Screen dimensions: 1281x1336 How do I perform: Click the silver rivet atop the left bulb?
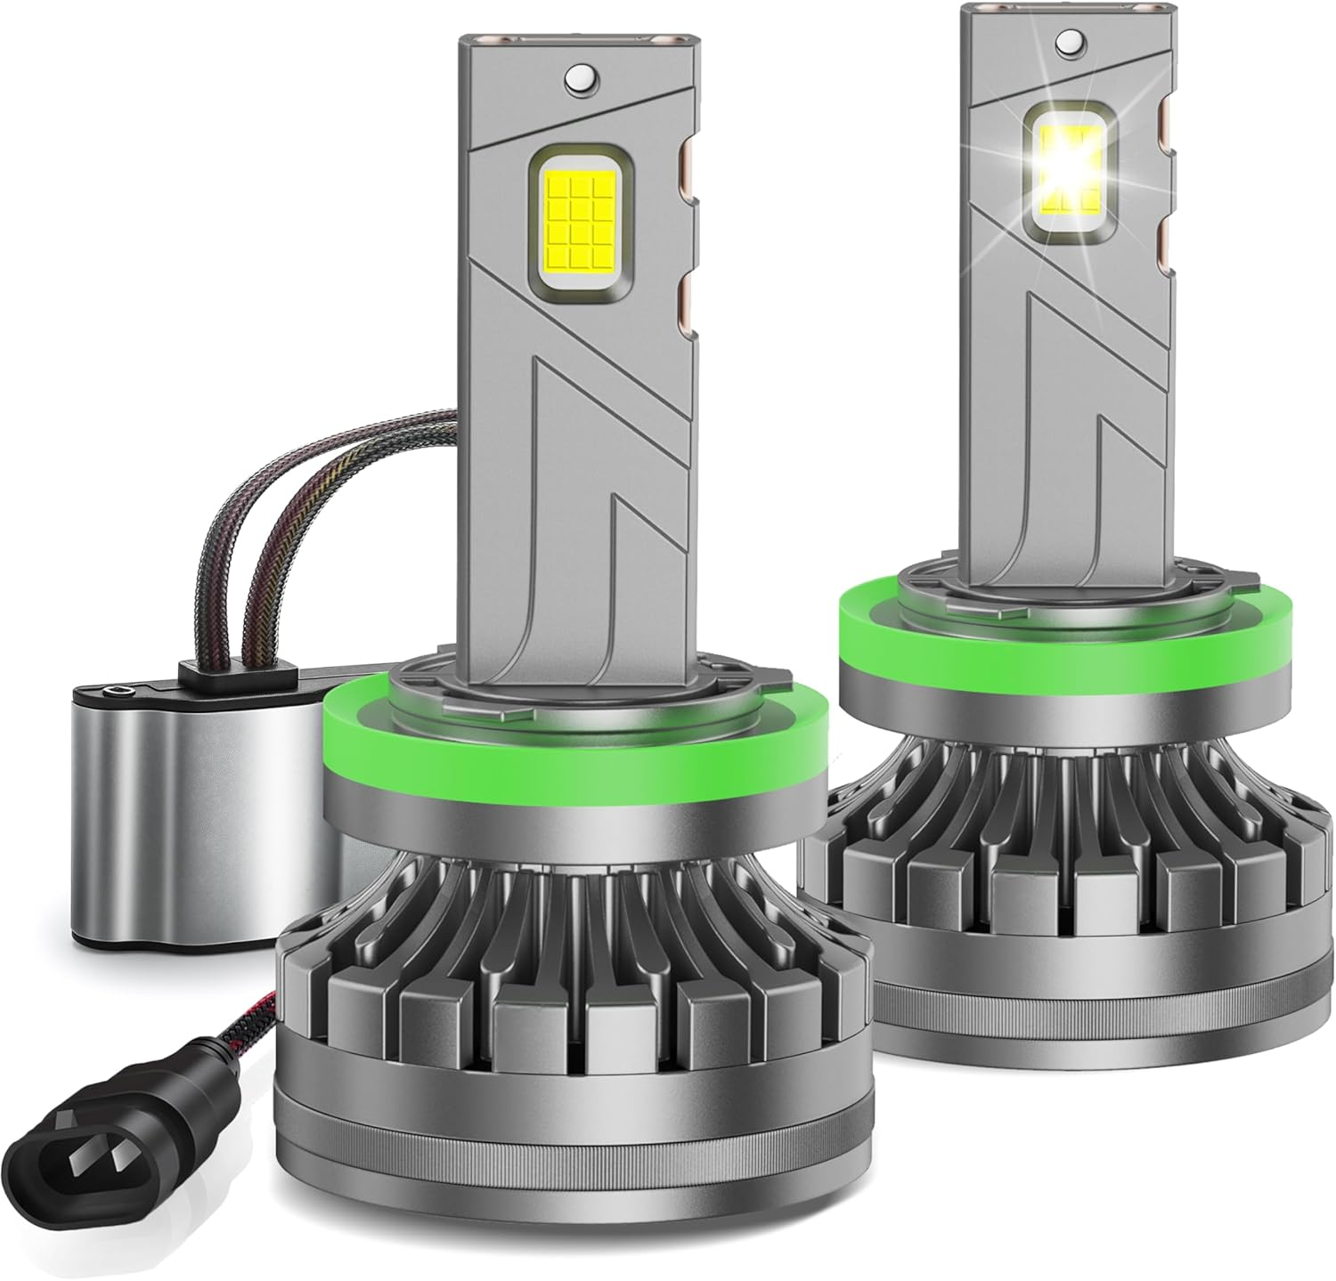(581, 77)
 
